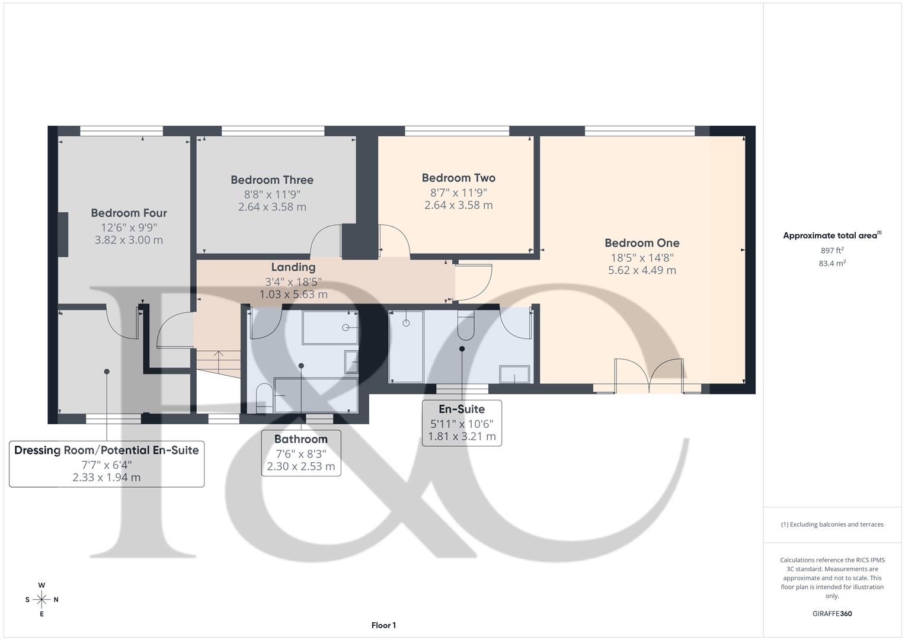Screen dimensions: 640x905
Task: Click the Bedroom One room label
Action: click(642, 243)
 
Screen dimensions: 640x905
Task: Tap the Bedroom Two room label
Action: click(458, 178)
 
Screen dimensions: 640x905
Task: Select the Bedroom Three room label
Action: click(272, 180)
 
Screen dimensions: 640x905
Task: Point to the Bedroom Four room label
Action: click(129, 213)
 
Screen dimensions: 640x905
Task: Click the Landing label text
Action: click(293, 267)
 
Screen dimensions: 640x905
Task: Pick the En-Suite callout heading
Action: click(462, 409)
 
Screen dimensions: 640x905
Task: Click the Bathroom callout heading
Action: click(300, 439)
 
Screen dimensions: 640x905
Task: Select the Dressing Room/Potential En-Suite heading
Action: click(107, 450)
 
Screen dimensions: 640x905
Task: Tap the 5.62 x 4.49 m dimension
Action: click(642, 270)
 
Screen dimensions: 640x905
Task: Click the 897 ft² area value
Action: click(832, 250)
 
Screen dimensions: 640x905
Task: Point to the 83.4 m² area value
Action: click(832, 263)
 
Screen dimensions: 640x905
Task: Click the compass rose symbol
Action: click(41, 599)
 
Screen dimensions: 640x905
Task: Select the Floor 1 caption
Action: click(383, 625)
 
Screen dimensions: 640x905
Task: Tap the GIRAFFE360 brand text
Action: click(832, 613)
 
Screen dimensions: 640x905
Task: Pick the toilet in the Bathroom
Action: click(264, 397)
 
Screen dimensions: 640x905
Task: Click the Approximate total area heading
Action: click(832, 235)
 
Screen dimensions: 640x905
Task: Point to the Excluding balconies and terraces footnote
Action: click(832, 524)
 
